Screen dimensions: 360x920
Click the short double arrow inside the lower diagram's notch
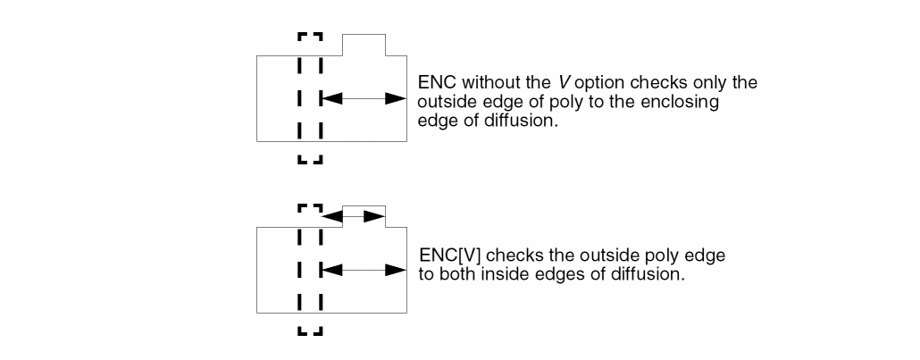coord(354,215)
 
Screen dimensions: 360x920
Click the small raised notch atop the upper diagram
coord(364,45)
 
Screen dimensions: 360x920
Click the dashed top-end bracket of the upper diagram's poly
coord(309,38)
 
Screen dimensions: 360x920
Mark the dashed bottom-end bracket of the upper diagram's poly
coord(309,161)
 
